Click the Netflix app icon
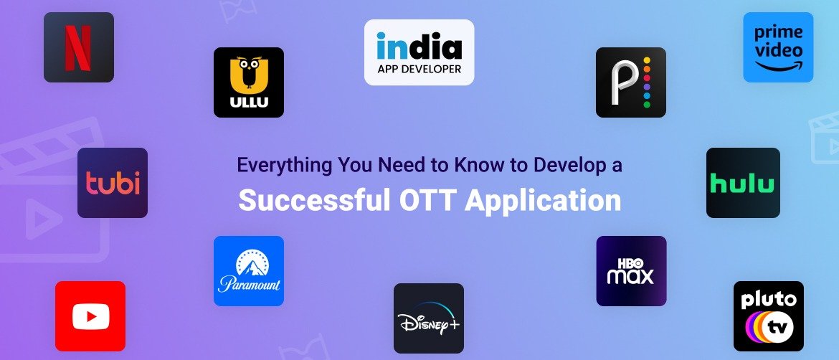tap(79, 47)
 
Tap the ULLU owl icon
tap(249, 82)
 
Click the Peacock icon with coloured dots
tap(631, 82)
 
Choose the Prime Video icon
tap(778, 47)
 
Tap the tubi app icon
tap(113, 183)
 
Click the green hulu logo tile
tap(742, 183)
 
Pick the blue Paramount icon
tap(249, 271)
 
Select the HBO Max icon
tap(631, 271)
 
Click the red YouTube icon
tap(90, 316)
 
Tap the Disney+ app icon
tap(429, 318)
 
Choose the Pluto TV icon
tap(769, 316)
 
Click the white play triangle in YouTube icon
tap(91, 316)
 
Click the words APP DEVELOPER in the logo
tap(419, 70)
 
